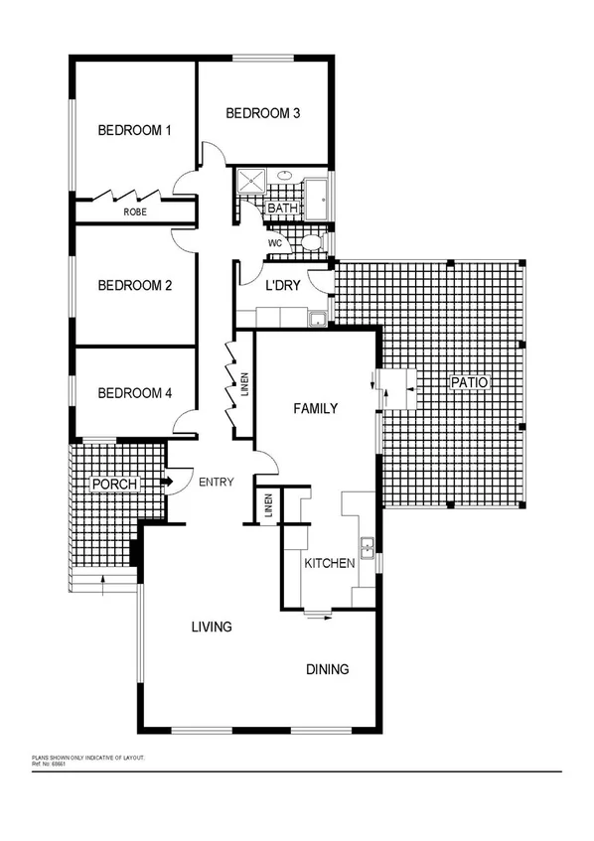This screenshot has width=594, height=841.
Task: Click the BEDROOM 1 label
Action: pos(135,130)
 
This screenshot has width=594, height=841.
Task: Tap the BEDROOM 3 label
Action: pos(263,113)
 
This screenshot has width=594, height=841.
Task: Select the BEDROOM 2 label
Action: pos(135,286)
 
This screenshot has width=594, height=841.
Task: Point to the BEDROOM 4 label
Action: pos(135,393)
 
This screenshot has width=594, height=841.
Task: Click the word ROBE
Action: pos(135,212)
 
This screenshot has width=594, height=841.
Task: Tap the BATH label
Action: pos(282,209)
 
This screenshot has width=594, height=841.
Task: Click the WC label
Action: pos(276,242)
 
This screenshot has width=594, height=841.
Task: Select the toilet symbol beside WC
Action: pos(310,242)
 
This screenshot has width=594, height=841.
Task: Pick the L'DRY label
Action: pos(283,285)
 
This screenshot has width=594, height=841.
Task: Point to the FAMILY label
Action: pos(316,408)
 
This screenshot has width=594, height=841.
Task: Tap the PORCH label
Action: pos(113,484)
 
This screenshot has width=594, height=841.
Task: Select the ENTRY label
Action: pos(217,484)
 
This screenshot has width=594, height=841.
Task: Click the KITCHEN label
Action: pos(330,563)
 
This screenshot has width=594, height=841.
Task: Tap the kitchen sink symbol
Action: pos(367,544)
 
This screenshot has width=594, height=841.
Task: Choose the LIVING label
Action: pos(212,627)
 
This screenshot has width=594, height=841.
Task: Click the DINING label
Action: pos(327,669)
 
